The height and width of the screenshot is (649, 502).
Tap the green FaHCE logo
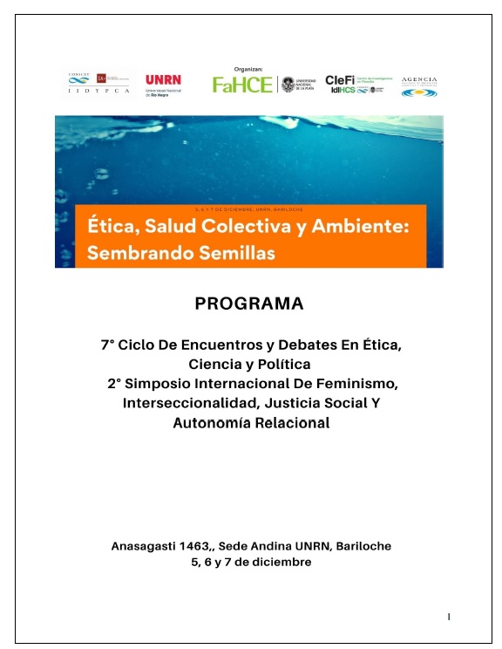(x=242, y=85)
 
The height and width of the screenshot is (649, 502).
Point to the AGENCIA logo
(x=419, y=85)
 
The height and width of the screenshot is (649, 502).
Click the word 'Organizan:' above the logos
(x=248, y=68)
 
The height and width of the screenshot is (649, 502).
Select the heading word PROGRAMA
(x=249, y=304)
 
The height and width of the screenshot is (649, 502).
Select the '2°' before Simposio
(x=112, y=384)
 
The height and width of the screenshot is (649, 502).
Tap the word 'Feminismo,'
(x=350, y=384)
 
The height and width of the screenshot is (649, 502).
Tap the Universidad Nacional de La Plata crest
(x=288, y=85)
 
